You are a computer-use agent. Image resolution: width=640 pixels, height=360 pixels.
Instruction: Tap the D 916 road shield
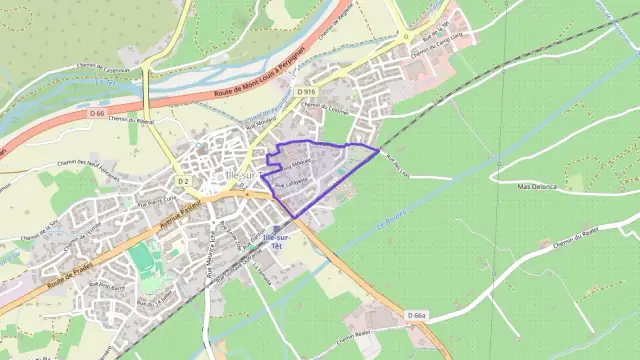tap(306, 91)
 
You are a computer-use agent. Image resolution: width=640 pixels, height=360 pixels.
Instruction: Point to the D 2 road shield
tap(183, 180)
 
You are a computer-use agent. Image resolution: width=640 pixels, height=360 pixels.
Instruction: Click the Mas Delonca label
tap(537, 186)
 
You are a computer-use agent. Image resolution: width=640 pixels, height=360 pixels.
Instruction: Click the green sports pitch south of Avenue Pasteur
tap(144, 259)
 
